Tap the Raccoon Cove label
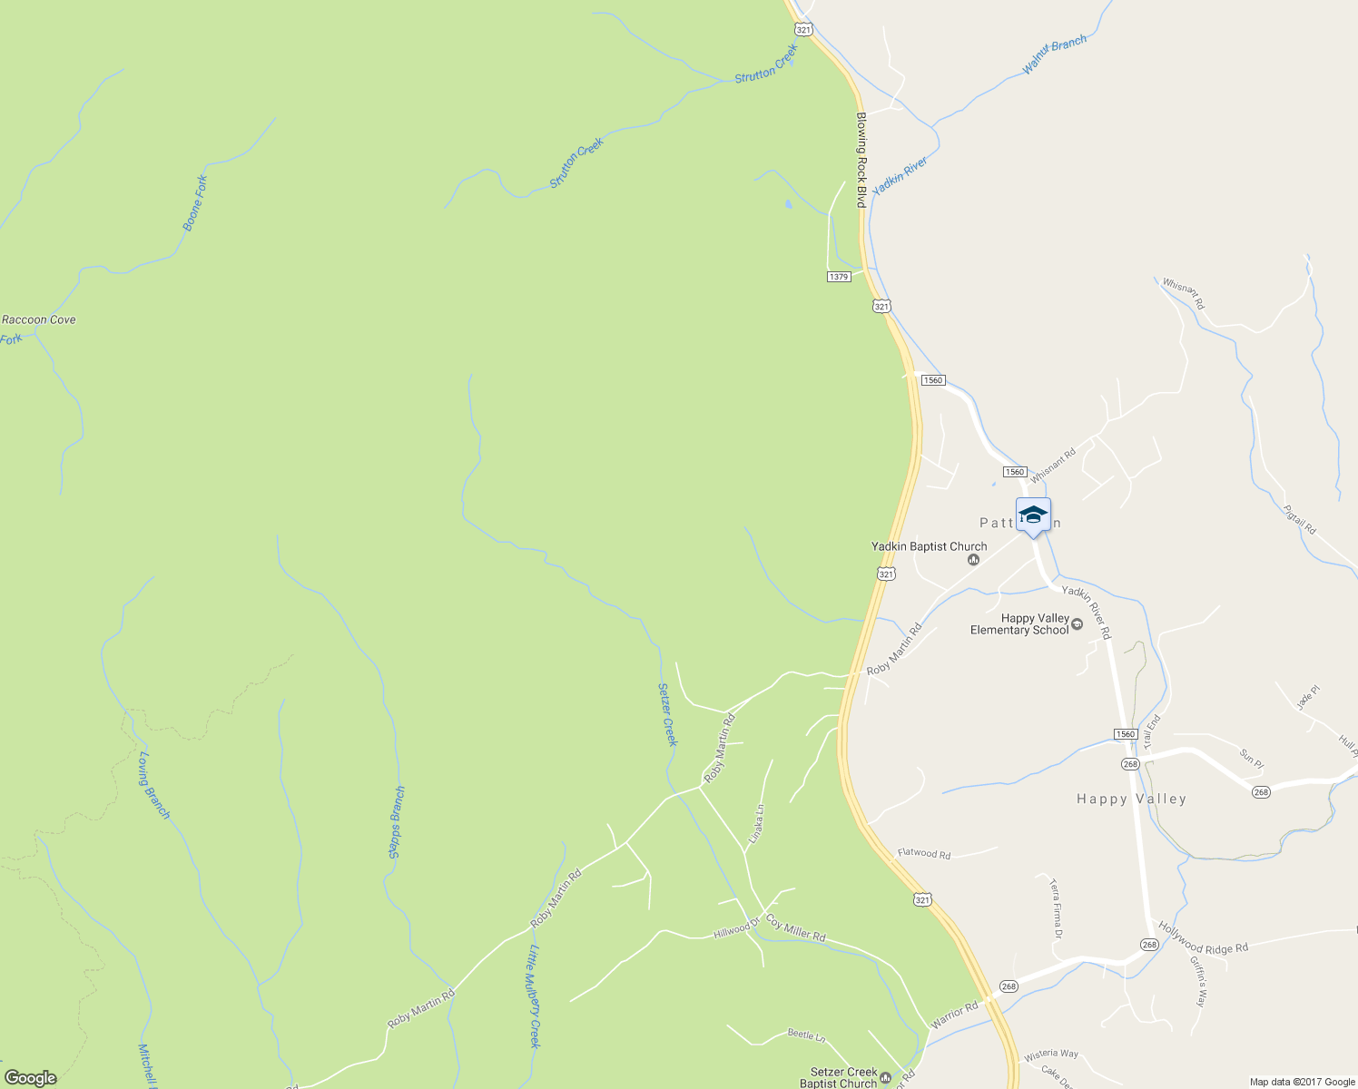(x=39, y=319)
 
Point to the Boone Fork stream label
(x=195, y=202)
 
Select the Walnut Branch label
(x=1055, y=54)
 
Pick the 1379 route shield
(x=839, y=276)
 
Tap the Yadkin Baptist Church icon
(x=973, y=560)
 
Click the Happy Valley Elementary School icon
(x=1078, y=624)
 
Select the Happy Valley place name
(x=1131, y=799)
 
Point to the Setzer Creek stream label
(x=667, y=714)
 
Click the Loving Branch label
(x=154, y=785)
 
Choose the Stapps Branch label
(x=397, y=822)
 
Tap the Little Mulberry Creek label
(x=535, y=996)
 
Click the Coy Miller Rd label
(x=795, y=928)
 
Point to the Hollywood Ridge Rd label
(x=1203, y=937)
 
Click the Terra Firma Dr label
(x=1055, y=908)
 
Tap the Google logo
(x=30, y=1078)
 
